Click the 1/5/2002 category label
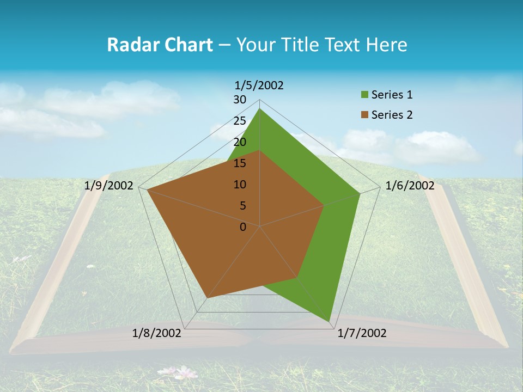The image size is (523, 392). pos(259,85)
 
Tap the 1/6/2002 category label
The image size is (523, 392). pos(410,186)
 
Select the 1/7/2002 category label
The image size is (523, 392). pos(362,333)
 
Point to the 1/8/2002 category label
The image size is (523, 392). pos(157,333)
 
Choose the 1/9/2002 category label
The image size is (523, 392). pos(109,186)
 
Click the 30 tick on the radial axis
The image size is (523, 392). pos(240,100)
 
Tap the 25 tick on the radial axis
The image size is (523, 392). pos(240,121)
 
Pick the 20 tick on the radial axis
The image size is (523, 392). pos(240,142)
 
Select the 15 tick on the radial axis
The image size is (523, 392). pos(240,163)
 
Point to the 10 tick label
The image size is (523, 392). pos(240,185)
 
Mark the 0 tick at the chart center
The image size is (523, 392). pos(243,227)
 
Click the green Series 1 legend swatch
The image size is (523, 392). pos(364,95)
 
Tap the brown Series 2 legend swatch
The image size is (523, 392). pos(364,115)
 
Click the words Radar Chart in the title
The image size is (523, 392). pos(160,45)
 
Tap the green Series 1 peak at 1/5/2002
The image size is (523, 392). pos(260,108)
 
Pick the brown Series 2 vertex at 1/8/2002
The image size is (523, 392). pos(207,298)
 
